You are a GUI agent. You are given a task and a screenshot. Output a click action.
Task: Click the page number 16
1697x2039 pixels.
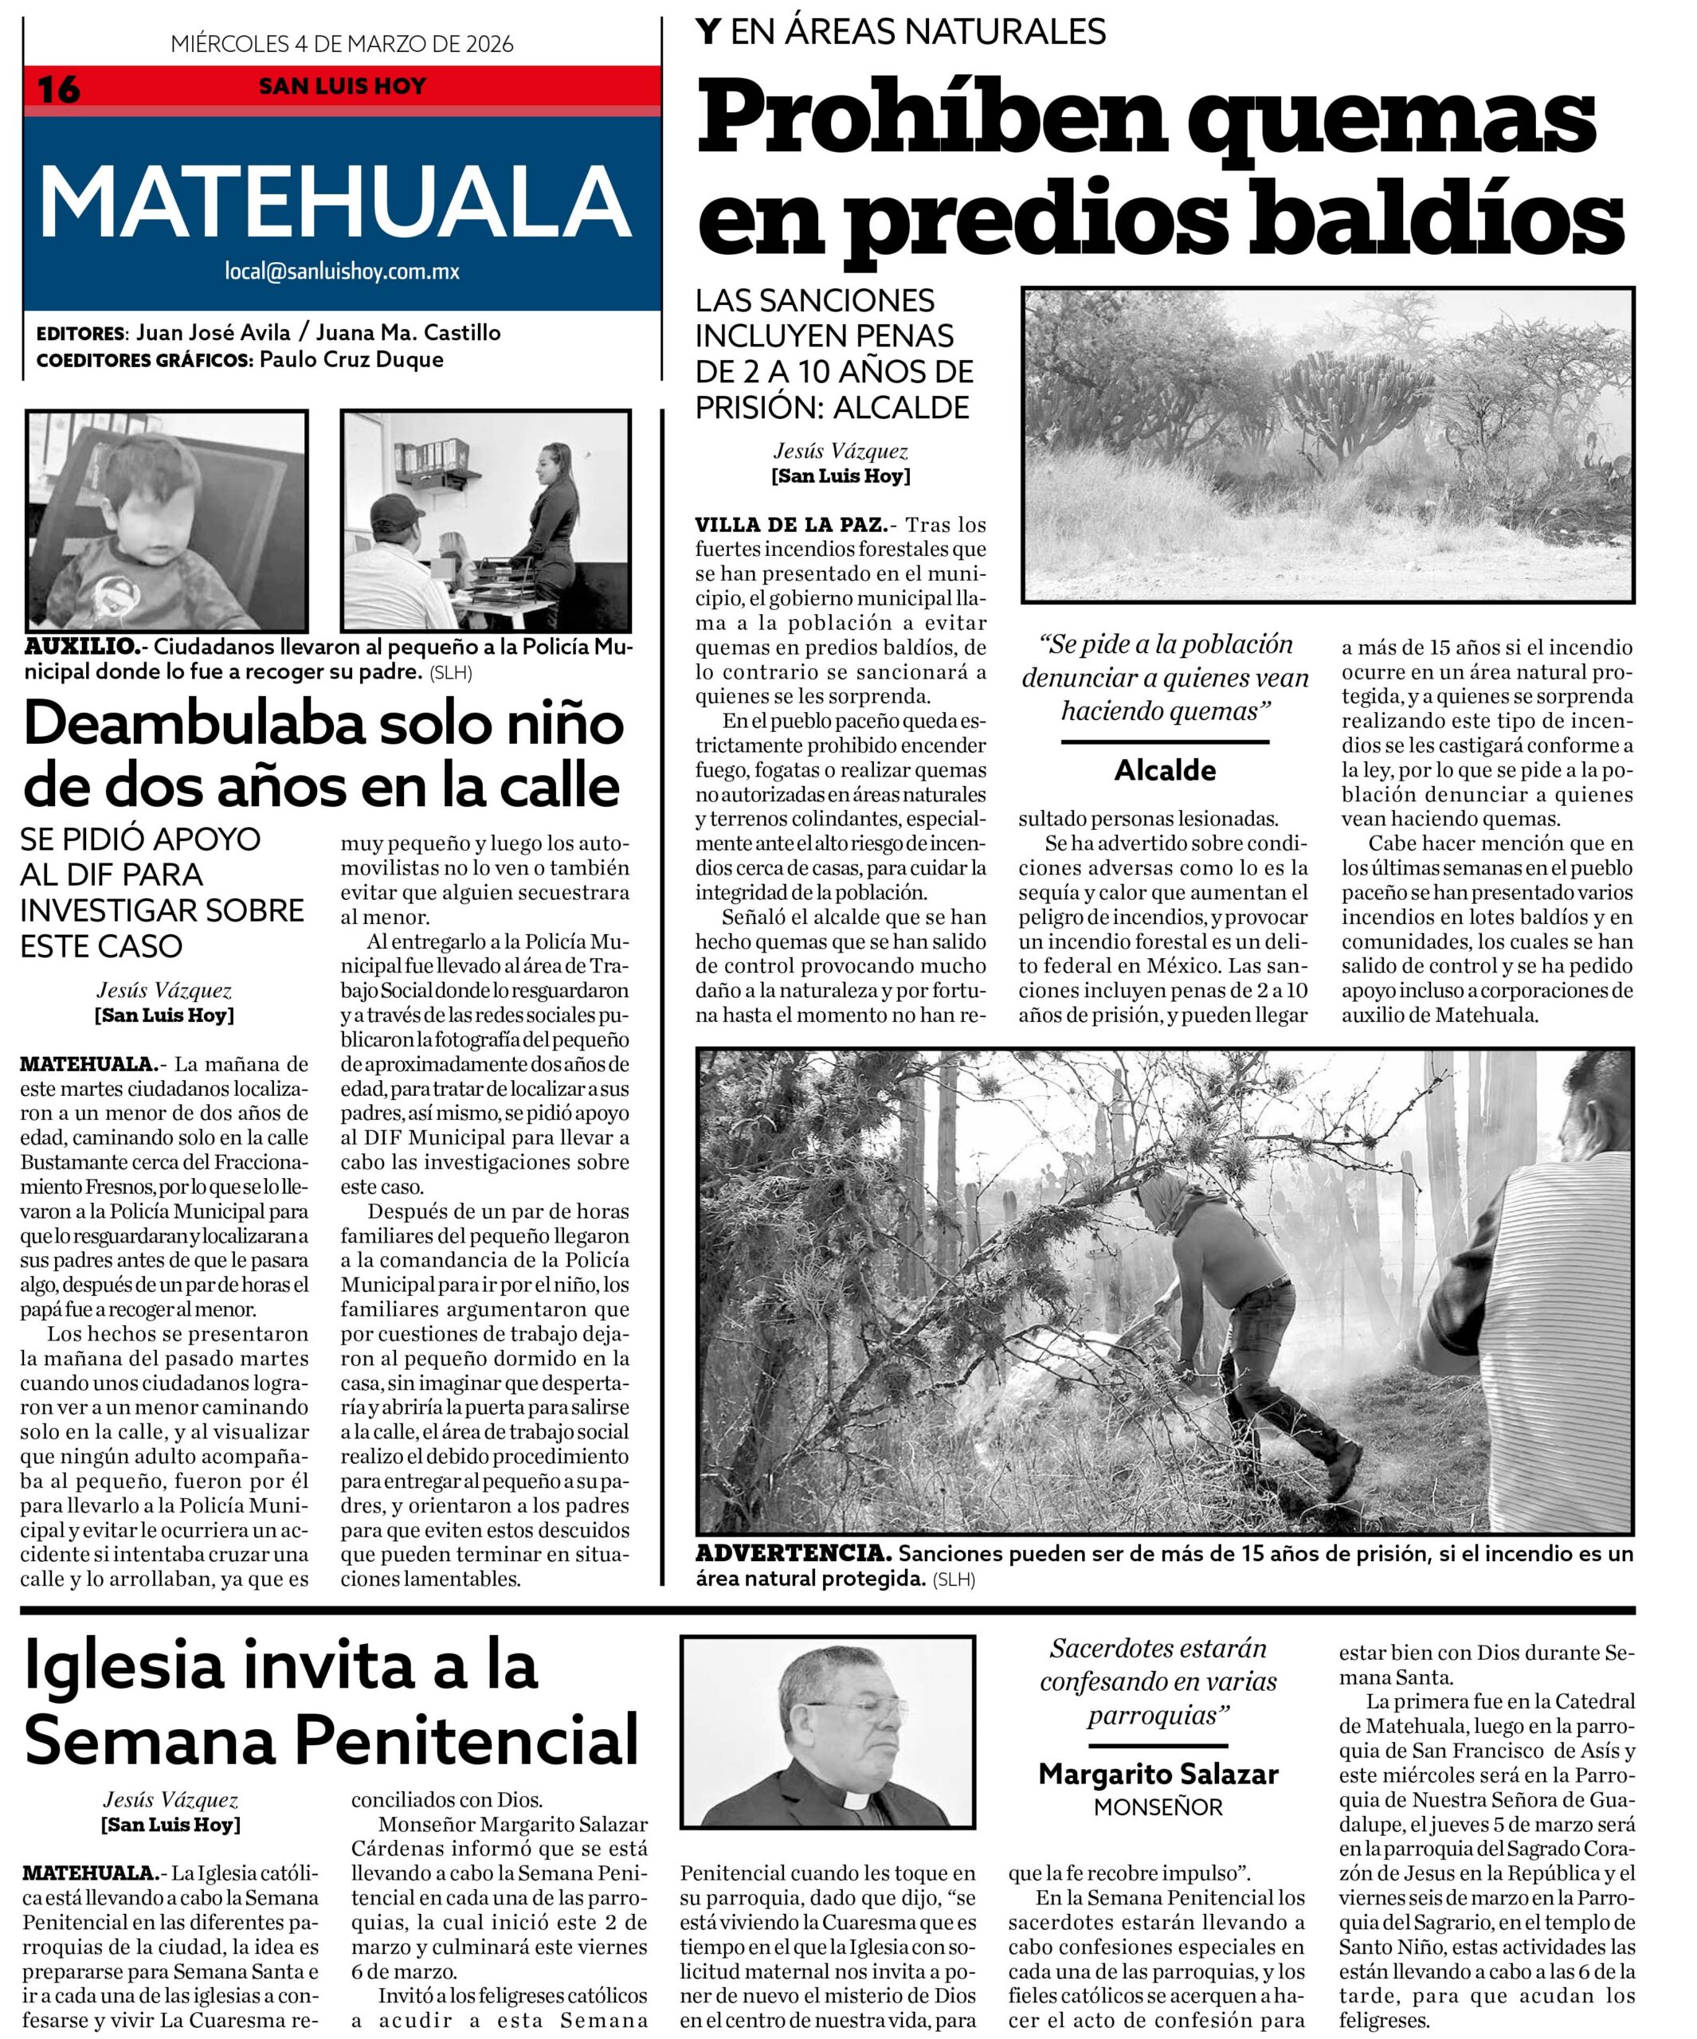point(58,89)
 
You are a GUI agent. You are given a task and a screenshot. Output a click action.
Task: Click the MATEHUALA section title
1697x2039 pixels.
point(335,202)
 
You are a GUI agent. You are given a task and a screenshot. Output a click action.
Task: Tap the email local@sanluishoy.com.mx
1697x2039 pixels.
point(342,271)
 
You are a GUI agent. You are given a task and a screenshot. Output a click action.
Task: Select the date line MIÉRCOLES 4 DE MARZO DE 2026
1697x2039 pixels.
point(342,44)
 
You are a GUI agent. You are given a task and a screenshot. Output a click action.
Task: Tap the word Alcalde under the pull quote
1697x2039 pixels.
point(1165,770)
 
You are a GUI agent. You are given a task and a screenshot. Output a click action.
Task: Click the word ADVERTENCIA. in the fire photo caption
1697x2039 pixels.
point(793,1552)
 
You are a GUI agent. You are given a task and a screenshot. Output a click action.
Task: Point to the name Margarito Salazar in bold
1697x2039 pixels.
point(1158,1774)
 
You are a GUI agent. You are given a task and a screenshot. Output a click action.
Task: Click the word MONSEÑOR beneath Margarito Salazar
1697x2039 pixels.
point(1158,1808)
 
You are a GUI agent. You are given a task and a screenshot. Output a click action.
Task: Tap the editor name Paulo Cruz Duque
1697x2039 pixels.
point(351,359)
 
